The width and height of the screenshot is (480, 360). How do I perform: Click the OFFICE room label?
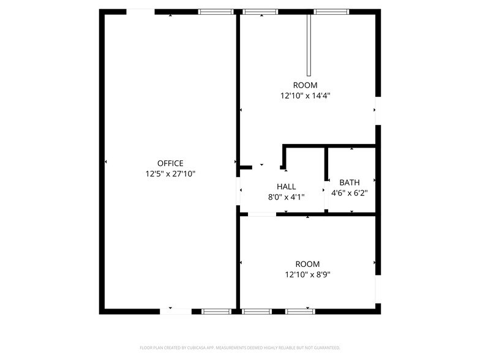pyautogui.click(x=170, y=163)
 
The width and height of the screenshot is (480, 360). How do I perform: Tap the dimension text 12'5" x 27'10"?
pyautogui.click(x=170, y=174)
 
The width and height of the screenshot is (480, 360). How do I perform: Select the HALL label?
pyautogui.click(x=286, y=187)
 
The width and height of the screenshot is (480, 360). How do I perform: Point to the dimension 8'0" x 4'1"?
pyautogui.click(x=286, y=197)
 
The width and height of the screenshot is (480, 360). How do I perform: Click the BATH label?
pyautogui.click(x=350, y=182)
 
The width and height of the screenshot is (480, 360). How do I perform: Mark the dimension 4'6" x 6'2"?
pyautogui.click(x=350, y=193)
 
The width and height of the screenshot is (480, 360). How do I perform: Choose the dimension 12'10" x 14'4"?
pyautogui.click(x=306, y=96)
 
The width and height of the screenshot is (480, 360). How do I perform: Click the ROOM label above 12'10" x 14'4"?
pyautogui.click(x=306, y=85)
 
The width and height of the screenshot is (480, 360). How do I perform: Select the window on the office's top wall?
pyautogui.click(x=216, y=12)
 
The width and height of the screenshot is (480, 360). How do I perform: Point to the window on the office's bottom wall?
pyautogui.click(x=216, y=311)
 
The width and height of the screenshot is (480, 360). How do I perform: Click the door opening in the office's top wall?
pyautogui.click(x=140, y=12)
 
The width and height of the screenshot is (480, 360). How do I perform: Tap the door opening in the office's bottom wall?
pyautogui.click(x=175, y=311)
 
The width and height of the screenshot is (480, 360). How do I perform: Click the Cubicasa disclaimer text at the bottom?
pyautogui.click(x=239, y=348)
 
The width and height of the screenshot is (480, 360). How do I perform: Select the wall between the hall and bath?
pyautogui.click(x=326, y=180)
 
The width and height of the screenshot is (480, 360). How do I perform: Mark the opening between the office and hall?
pyautogui.click(x=238, y=191)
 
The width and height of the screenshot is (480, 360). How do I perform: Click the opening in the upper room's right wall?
pyautogui.click(x=378, y=110)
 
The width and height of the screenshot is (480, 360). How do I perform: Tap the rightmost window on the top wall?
pyautogui.click(x=331, y=12)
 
